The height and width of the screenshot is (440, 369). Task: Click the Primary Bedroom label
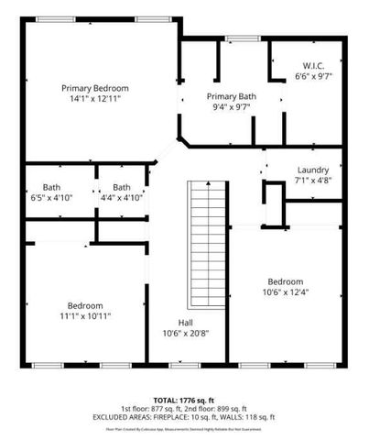(x=95, y=88)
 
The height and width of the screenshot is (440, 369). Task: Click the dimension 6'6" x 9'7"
(x=314, y=77)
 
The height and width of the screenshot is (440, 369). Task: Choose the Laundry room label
(x=313, y=170)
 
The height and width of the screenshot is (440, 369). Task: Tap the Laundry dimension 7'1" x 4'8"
(x=313, y=181)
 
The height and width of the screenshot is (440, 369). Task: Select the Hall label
(x=184, y=323)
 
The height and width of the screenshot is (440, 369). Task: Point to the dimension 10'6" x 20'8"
(x=184, y=333)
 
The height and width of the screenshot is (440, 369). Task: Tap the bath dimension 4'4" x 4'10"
(x=121, y=197)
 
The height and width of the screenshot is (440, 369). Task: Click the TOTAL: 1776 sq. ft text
(x=183, y=400)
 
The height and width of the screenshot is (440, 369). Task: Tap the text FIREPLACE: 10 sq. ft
(x=199, y=416)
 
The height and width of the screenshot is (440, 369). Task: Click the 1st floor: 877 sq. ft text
(x=150, y=408)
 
